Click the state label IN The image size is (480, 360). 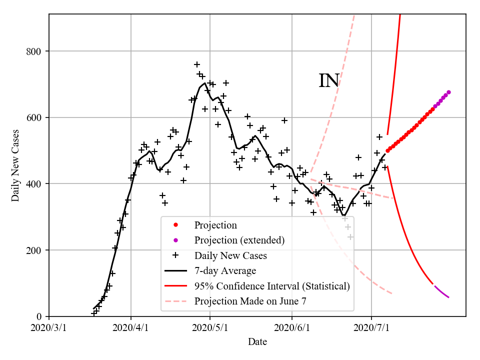[329, 80]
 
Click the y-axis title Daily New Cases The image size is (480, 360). [15, 165]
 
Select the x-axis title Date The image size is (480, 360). [257, 342]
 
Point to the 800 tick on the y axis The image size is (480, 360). [36, 51]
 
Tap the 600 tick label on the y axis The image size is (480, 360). [36, 118]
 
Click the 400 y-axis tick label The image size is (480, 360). [36, 184]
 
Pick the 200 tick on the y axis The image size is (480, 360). [36, 250]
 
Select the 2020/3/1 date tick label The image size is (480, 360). [49, 328]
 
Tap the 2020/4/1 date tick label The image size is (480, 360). [131, 328]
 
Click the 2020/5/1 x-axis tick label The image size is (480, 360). [210, 328]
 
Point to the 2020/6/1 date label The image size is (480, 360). [292, 328]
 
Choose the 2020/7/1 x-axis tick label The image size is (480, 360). [371, 328]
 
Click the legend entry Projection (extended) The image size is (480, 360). [239, 240]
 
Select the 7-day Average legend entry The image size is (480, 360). [225, 271]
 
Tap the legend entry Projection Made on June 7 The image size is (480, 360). [250, 301]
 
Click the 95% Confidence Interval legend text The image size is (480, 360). [272, 286]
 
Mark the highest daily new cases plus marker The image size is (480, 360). [197, 64]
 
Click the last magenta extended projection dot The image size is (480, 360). [448, 92]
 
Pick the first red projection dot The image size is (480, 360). [387, 150]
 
